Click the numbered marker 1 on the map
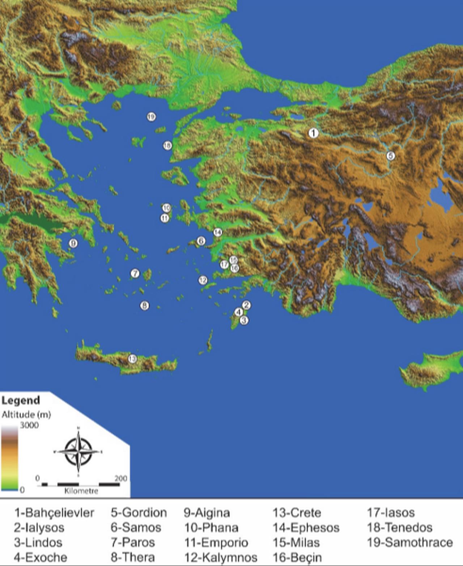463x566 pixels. coord(313,133)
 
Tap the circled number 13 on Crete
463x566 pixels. coord(132,359)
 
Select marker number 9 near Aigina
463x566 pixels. coord(73,243)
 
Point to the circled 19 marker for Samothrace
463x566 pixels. coord(151,117)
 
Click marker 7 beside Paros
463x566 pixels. coord(135,273)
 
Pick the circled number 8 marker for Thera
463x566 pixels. coord(144,306)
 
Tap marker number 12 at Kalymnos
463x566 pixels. coord(203,280)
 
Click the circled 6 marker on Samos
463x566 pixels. coord(201,241)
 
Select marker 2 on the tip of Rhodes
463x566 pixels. coord(247,305)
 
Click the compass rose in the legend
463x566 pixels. coord(78,451)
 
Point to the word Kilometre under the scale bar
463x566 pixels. coord(81,491)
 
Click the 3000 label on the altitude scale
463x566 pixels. coord(29,425)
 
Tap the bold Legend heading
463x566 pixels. coord(21,401)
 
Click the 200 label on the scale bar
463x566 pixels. coord(121,478)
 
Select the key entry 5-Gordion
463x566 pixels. coord(139,513)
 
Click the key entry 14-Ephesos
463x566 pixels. coord(306,528)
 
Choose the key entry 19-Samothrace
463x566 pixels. coord(410,542)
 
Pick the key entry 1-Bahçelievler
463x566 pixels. coord(54,513)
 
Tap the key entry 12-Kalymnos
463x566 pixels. coord(221,557)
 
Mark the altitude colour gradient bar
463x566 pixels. coord(9,458)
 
